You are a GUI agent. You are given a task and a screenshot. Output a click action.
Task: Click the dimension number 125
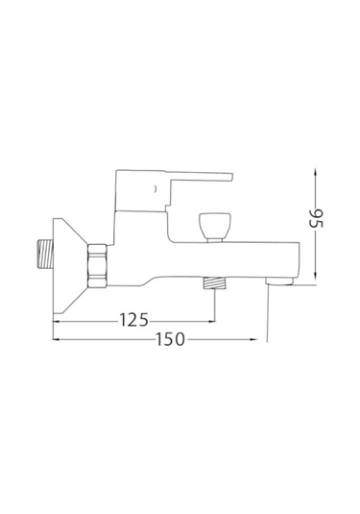pos(133,320)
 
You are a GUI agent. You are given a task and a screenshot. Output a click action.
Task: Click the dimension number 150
pos(170,339)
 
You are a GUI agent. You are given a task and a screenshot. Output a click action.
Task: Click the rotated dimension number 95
pos(317,218)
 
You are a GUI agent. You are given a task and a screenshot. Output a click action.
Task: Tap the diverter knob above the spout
pos(215,226)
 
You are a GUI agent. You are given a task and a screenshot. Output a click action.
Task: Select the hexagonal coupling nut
pos(97,265)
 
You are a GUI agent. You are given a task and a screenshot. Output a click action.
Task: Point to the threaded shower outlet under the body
pos(215,283)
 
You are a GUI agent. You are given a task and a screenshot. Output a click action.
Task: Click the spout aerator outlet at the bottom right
pos(279,281)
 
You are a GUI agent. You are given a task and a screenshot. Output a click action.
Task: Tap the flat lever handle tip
pos(230,177)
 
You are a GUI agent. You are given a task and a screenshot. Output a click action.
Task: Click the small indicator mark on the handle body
pos(156,188)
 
